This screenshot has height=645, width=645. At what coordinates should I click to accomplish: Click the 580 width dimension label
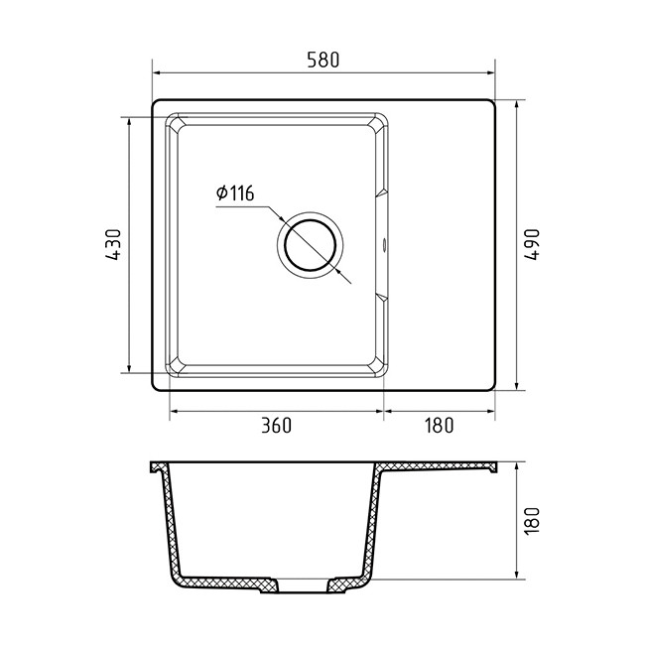(323, 61)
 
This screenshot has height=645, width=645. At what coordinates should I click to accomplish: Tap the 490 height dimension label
(532, 244)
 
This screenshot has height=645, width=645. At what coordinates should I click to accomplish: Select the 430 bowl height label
(113, 244)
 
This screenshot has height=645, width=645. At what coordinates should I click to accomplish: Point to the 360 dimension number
(277, 426)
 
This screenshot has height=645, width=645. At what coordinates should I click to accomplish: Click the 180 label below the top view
(439, 426)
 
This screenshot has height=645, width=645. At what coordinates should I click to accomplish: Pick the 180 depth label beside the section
(532, 521)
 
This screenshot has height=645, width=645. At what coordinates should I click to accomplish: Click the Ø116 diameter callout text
(235, 193)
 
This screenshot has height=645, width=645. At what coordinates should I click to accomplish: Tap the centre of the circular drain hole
(311, 245)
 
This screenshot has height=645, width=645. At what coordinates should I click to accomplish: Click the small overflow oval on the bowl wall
(385, 244)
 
